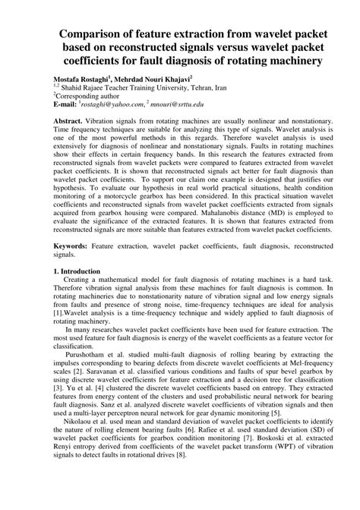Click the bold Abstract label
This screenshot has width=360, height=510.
tap(68, 122)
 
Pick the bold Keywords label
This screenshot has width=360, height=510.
tap(71, 268)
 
